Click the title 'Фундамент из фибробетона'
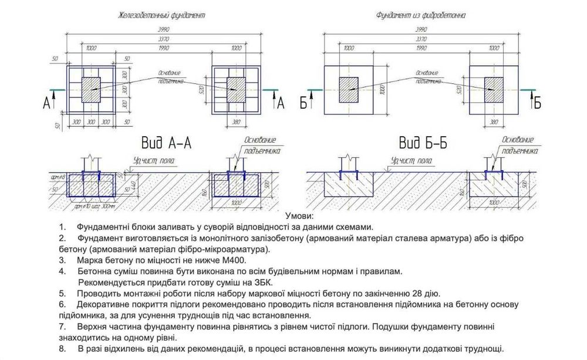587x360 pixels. pos(420,16)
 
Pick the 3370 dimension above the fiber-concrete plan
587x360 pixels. pos(420,38)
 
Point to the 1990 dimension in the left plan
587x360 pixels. pos(163,48)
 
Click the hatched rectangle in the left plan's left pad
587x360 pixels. pos(92,89)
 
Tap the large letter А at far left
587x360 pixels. pos(48,104)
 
